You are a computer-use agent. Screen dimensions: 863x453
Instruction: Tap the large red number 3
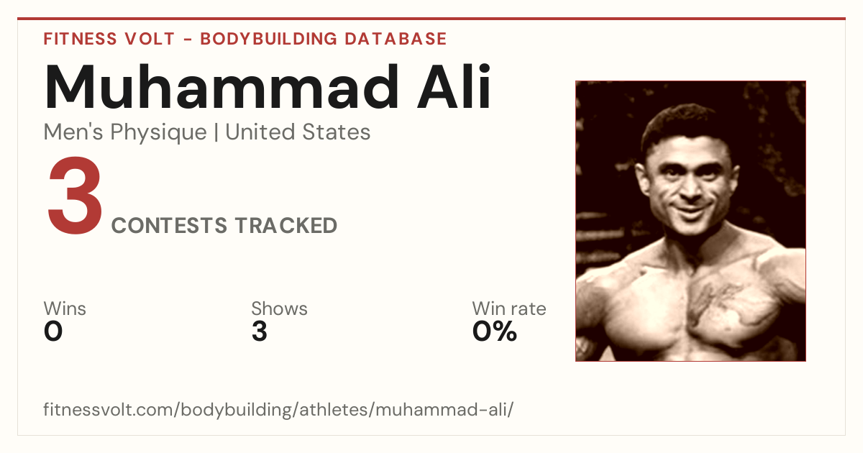tap(75, 195)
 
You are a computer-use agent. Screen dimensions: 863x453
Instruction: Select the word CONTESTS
tap(169, 225)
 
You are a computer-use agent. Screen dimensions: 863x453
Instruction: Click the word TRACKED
tap(286, 225)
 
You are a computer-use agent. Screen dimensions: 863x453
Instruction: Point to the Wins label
tap(65, 308)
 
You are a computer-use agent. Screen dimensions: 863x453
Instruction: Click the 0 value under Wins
tap(53, 331)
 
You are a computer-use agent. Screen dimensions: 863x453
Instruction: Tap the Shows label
tap(279, 308)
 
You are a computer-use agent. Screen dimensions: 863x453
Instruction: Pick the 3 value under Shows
tap(260, 331)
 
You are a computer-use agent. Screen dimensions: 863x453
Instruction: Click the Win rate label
tap(509, 308)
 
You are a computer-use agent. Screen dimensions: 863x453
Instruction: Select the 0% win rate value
tap(495, 331)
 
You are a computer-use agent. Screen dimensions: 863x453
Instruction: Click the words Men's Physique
tap(125, 132)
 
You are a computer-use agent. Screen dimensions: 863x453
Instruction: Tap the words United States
tap(298, 132)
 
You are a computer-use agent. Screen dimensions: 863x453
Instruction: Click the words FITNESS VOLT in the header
tap(109, 39)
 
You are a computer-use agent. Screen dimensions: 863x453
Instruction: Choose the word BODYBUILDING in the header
tap(268, 39)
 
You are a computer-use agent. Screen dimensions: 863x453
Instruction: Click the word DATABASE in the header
tap(396, 39)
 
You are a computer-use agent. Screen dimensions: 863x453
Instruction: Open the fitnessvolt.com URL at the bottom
tap(278, 409)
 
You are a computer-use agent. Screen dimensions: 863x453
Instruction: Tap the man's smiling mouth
tap(693, 211)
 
